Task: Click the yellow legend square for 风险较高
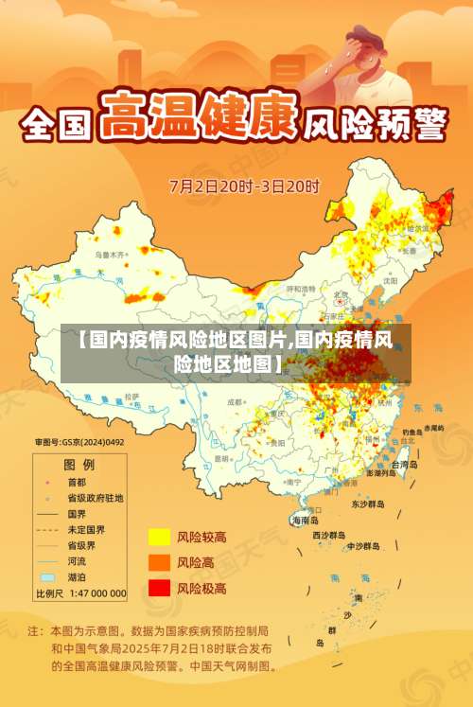tap(158, 538)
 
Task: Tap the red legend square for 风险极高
tap(158, 588)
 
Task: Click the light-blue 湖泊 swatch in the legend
tap(47, 577)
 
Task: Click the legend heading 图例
tap(79, 465)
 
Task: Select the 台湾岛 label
tap(404, 465)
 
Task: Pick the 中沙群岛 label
tap(363, 546)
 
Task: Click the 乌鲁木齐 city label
tap(110, 256)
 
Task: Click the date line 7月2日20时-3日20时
tap(245, 186)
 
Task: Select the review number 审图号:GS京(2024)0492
tap(79, 442)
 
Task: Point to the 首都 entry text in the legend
tap(79, 481)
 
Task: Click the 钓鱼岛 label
tap(410, 432)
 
